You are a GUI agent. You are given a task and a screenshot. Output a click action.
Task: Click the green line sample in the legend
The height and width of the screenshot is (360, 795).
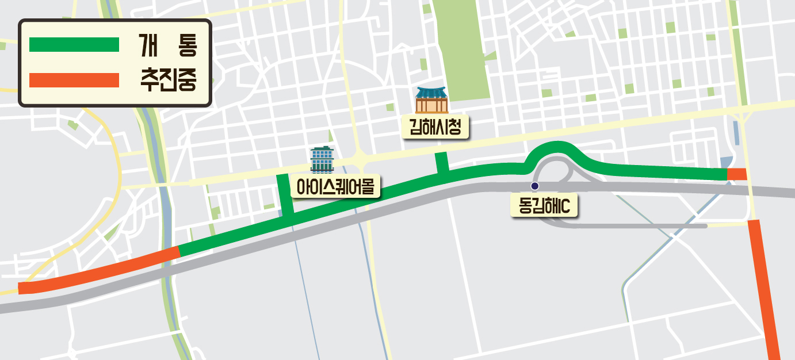click(x=74, y=45)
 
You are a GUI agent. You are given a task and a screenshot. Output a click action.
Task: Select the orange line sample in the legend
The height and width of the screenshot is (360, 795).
click(x=74, y=81)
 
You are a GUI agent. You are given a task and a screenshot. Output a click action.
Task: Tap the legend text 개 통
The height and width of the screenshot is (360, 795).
click(x=167, y=45)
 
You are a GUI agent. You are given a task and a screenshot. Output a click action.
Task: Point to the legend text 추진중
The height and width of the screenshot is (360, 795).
click(x=168, y=81)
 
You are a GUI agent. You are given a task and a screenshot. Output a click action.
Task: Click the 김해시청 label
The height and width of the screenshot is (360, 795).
click(x=435, y=127)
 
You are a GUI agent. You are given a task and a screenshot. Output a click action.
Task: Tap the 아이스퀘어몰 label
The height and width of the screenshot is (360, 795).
click(x=335, y=186)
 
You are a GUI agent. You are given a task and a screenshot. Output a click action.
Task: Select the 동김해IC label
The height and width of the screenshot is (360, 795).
click(x=544, y=205)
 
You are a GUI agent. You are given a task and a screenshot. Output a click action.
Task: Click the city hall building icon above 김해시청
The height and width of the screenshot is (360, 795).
click(x=431, y=100)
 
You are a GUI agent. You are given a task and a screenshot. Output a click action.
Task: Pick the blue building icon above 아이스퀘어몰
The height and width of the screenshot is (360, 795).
click(x=322, y=159)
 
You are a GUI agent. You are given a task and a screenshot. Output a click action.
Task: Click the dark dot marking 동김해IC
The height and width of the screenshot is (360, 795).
click(x=534, y=186)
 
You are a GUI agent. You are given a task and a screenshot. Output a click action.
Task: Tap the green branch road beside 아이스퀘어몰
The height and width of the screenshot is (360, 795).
click(x=284, y=195)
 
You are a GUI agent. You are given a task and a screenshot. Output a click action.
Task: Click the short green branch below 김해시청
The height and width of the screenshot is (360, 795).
click(x=442, y=162)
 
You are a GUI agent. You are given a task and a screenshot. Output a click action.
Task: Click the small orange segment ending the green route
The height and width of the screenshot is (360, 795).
click(x=736, y=174)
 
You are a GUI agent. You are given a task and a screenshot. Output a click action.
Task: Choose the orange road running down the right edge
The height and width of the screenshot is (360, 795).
click(x=764, y=288)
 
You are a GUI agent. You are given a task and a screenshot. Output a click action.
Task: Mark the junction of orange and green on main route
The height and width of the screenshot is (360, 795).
click(x=179, y=251)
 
